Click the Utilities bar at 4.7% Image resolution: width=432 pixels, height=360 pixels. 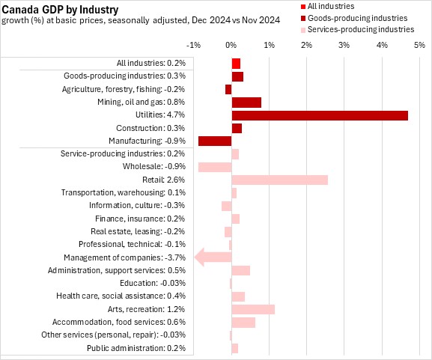click(320, 116)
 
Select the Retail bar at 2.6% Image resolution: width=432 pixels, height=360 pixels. click(280, 180)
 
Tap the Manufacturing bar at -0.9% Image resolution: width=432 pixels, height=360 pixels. click(215, 141)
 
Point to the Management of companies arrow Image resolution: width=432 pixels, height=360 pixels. click(213, 257)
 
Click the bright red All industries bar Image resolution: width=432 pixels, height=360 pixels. click(236, 64)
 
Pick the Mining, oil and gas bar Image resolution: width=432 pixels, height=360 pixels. click(246, 103)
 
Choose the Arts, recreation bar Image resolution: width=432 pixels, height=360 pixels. click(253, 309)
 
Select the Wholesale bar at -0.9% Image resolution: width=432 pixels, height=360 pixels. click(215, 167)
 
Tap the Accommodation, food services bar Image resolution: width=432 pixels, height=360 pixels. click(243, 323)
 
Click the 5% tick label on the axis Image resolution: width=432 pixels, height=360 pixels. click(419, 45)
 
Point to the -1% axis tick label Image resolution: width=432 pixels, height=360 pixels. click(193, 45)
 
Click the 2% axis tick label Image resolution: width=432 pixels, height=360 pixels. click(306, 45)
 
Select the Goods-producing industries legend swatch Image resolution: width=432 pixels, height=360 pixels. click(303, 19)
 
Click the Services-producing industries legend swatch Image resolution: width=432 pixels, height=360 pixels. click(303, 30)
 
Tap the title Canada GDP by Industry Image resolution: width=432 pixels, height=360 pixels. click(60, 10)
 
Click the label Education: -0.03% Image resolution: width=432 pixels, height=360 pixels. click(153, 283)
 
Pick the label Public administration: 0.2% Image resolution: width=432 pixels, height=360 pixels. click(136, 348)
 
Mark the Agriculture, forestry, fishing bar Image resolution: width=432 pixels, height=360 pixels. click(228, 90)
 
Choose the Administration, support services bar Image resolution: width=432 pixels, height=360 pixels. click(241, 270)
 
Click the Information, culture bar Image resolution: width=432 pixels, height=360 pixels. click(226, 206)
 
